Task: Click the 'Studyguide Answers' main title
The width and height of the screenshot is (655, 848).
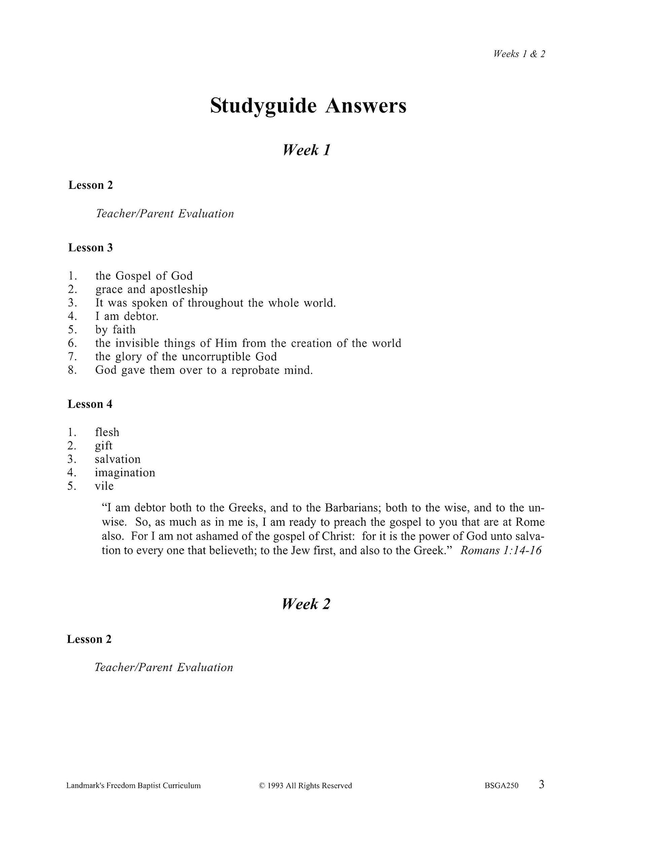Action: pos(308,106)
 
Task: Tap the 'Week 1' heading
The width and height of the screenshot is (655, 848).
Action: pos(307,150)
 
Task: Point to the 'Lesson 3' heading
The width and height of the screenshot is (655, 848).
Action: pos(91,248)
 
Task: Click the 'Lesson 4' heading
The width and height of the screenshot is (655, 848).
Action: pos(90,404)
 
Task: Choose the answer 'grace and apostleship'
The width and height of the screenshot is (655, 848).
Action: pos(151,290)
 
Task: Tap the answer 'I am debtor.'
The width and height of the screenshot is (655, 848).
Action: pos(127,317)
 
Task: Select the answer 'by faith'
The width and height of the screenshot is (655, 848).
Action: pos(115,330)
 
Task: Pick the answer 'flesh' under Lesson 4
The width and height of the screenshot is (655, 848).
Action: pos(107,432)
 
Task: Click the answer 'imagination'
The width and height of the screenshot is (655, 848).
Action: pos(125,473)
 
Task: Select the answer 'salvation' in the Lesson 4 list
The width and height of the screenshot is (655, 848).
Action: pos(117,459)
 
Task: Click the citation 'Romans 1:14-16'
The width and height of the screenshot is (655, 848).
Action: pos(501,551)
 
